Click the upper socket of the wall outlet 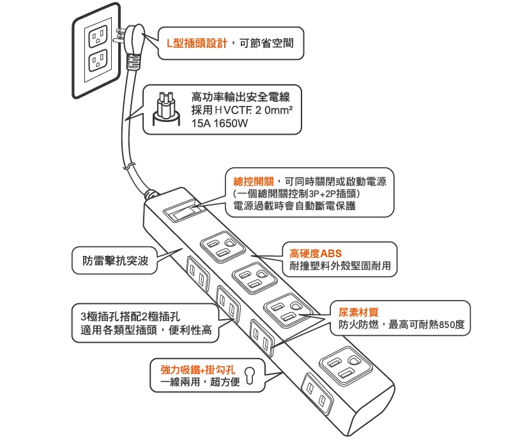coord(98,37)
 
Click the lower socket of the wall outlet coord(98,63)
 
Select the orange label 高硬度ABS coord(316,253)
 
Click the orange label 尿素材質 coord(358,313)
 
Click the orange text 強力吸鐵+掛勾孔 coord(199,370)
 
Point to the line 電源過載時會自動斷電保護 coord(294,205)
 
